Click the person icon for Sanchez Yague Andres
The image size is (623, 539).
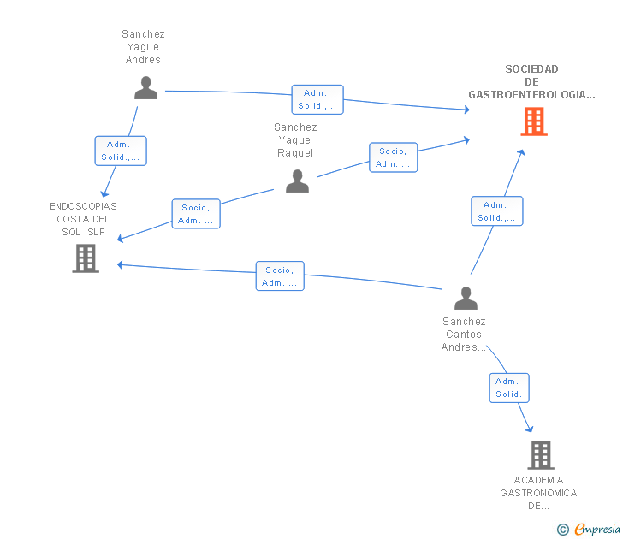(x=145, y=88)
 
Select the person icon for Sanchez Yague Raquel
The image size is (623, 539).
(x=297, y=181)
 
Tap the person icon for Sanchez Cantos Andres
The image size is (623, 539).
(x=466, y=298)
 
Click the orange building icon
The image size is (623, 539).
(x=534, y=121)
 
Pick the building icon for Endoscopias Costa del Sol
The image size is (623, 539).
(x=86, y=258)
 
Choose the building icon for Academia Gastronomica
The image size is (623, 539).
(x=541, y=455)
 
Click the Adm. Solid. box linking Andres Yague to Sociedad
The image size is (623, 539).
(x=317, y=100)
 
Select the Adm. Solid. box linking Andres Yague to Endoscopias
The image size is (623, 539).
(x=121, y=151)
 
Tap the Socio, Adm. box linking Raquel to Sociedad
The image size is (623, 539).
(x=394, y=157)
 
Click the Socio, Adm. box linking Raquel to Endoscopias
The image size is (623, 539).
(x=196, y=214)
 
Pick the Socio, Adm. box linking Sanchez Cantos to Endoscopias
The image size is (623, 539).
(x=280, y=276)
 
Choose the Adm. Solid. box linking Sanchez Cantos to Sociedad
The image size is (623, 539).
(x=497, y=211)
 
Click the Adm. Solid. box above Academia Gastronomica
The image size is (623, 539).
(x=509, y=388)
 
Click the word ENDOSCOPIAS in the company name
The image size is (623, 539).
(x=83, y=206)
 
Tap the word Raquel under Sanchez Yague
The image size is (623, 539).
(x=295, y=153)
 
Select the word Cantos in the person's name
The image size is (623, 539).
(x=464, y=335)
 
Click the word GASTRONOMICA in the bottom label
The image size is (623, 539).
(x=538, y=493)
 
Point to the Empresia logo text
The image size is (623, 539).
(x=597, y=530)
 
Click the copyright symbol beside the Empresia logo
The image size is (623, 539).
(x=562, y=530)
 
